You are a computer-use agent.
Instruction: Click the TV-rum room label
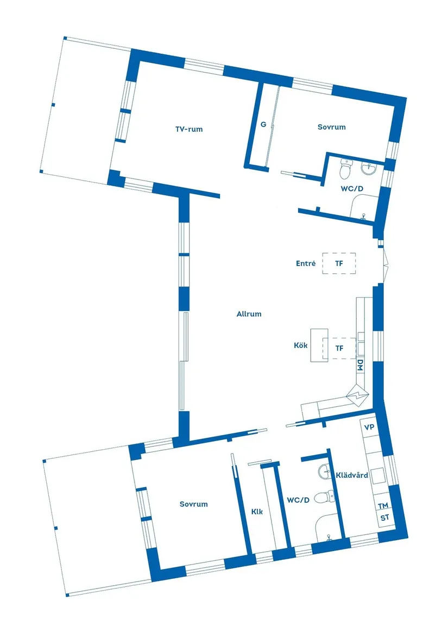click(x=188, y=129)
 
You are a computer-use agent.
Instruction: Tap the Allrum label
click(x=249, y=314)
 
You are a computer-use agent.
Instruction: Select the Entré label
click(x=306, y=264)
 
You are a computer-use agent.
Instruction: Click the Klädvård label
click(x=352, y=475)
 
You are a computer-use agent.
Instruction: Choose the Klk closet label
click(x=257, y=510)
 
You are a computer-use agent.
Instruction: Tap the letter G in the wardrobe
click(x=263, y=125)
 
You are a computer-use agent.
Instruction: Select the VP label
click(x=369, y=427)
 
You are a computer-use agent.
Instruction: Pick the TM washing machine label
click(x=384, y=506)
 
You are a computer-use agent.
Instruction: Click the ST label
click(x=384, y=518)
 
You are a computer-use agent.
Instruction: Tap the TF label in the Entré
click(x=339, y=264)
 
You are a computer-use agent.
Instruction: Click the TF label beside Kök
click(x=339, y=348)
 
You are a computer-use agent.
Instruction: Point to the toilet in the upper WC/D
click(x=345, y=171)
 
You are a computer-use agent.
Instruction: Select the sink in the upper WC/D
click(x=369, y=169)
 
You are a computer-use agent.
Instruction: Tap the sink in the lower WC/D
click(x=325, y=472)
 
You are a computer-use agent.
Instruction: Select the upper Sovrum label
click(x=331, y=127)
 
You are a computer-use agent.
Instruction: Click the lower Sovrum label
click(x=193, y=504)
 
